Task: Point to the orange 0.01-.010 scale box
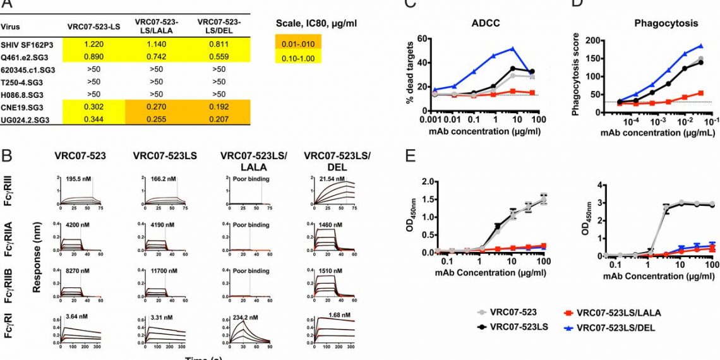298,42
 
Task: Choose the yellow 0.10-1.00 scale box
298,57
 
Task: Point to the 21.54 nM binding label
327,179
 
